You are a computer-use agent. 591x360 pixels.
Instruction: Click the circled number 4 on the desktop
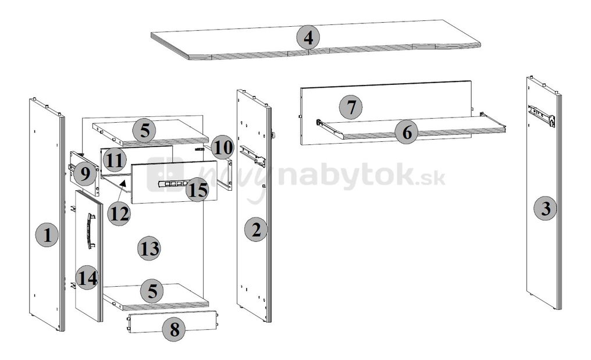click(308, 38)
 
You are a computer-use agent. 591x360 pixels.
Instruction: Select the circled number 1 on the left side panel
click(47, 236)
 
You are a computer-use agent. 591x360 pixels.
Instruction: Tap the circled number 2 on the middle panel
click(255, 230)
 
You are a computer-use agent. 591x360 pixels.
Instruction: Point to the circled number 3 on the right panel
click(545, 208)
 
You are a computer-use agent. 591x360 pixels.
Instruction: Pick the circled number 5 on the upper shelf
click(144, 131)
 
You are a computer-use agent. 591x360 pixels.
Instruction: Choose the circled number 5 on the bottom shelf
click(152, 290)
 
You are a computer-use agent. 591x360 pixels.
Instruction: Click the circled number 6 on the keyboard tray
click(407, 133)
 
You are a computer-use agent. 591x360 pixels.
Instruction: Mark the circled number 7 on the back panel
click(351, 108)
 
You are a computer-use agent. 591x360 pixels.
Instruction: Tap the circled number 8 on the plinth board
click(173, 330)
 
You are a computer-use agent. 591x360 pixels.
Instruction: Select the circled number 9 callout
click(85, 173)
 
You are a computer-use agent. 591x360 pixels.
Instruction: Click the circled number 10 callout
click(222, 148)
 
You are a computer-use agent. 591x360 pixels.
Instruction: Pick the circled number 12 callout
click(119, 213)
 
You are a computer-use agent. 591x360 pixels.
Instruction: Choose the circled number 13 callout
click(149, 249)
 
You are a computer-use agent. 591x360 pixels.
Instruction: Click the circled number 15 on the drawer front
click(198, 190)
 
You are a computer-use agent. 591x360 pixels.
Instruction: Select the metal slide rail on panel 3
click(542, 116)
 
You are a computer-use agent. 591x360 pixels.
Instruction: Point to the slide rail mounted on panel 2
click(253, 155)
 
